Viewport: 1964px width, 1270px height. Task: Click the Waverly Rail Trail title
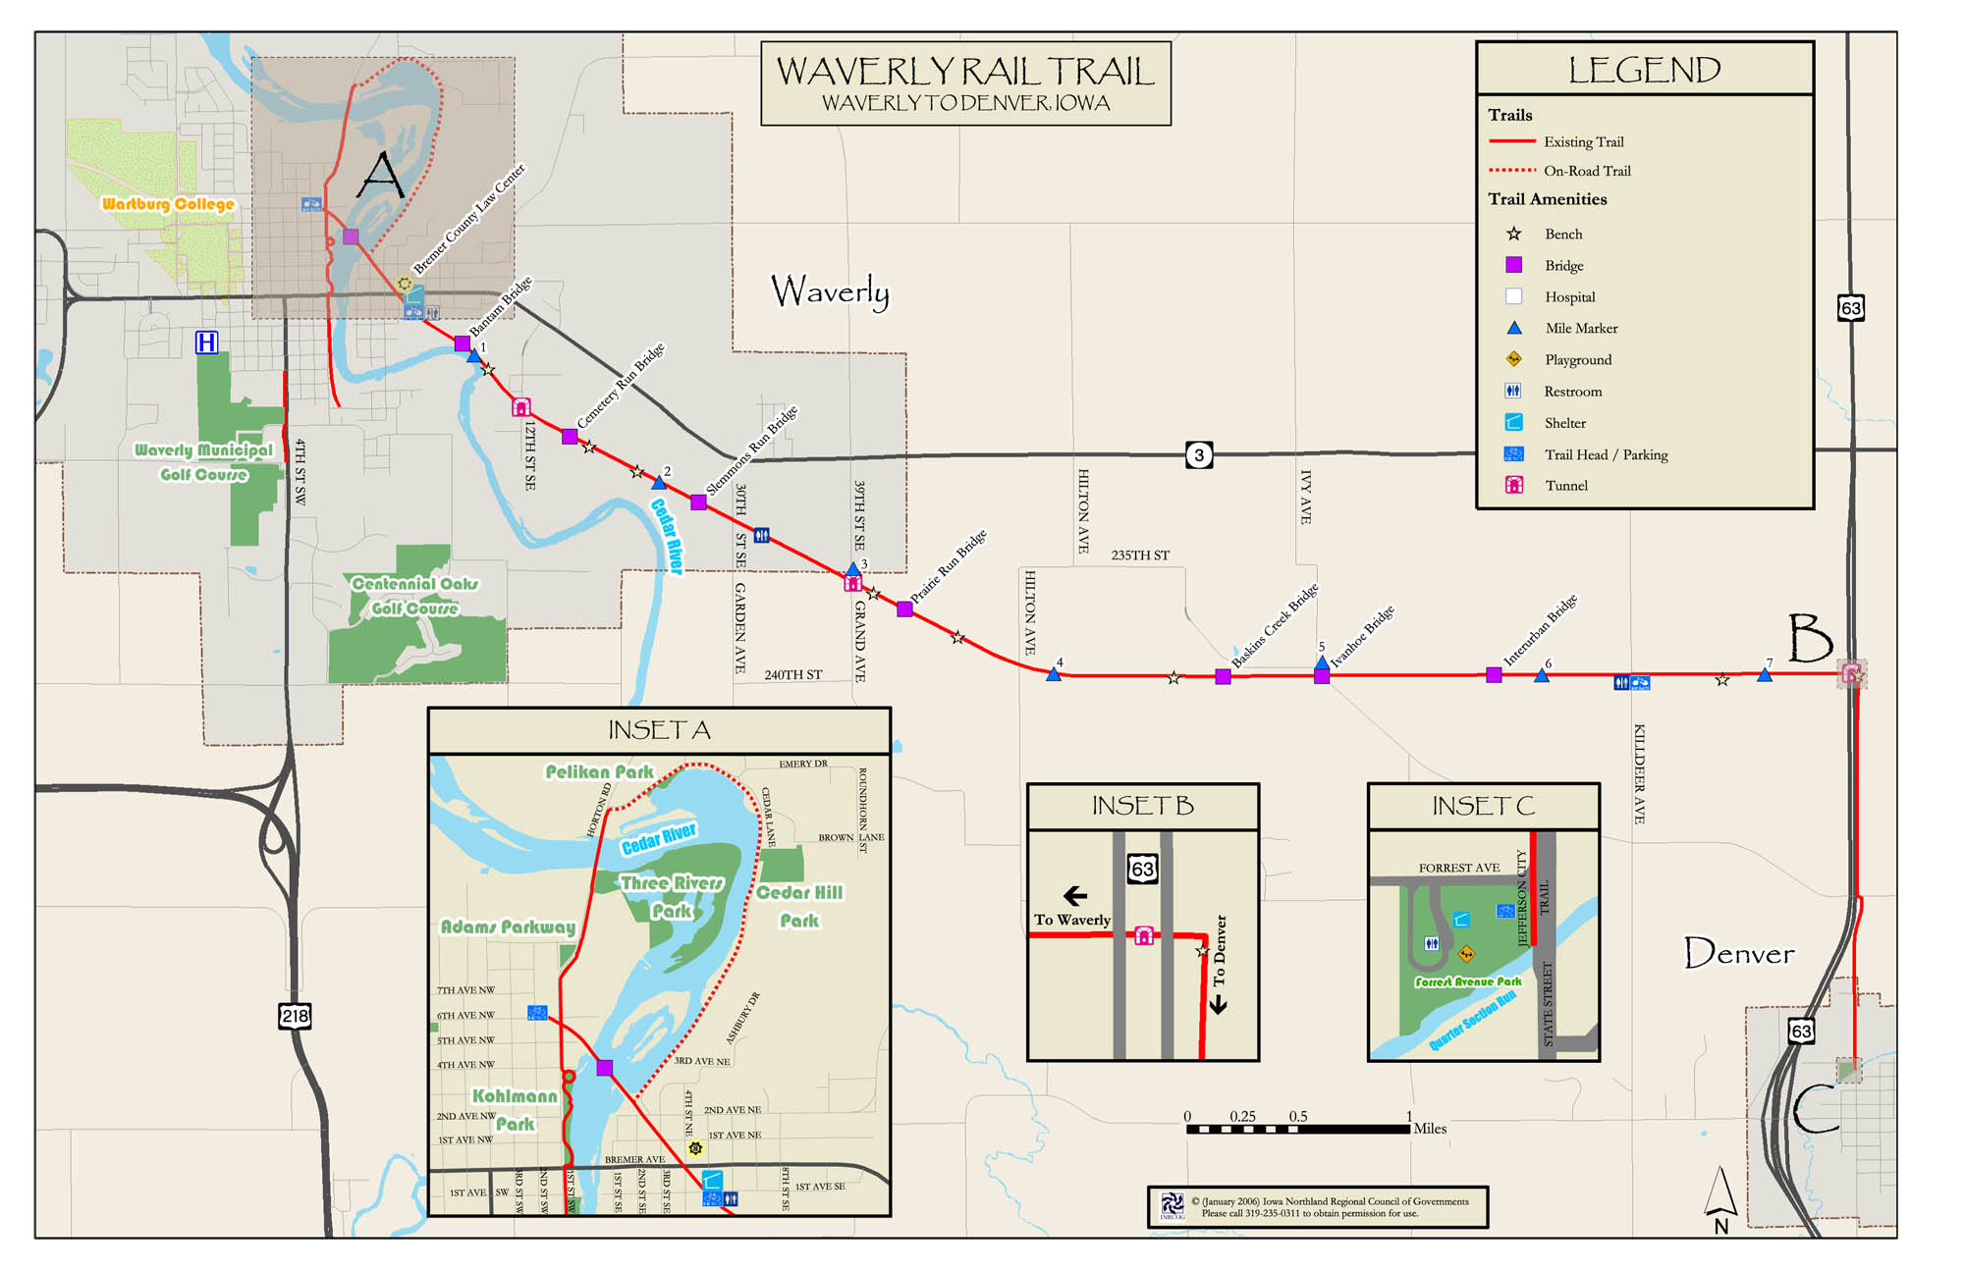click(965, 72)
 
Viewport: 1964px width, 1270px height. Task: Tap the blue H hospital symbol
click(206, 343)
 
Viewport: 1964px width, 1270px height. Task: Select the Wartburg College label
click(168, 204)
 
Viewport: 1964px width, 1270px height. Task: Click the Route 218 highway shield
click(295, 1016)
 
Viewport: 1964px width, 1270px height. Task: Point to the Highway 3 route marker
click(1198, 455)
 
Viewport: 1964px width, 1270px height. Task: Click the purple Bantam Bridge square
click(463, 344)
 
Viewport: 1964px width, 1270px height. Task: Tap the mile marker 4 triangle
click(1054, 674)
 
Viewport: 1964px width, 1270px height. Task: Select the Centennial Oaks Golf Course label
click(414, 596)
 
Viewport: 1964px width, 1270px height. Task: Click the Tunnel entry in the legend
click(1565, 485)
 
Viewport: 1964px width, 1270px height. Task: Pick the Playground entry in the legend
click(1577, 359)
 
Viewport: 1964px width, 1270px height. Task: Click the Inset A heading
click(659, 730)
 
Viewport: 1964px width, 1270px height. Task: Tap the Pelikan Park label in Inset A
click(599, 772)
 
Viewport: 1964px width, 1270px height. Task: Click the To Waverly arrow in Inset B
click(1075, 895)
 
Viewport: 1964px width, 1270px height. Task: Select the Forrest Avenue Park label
click(1467, 981)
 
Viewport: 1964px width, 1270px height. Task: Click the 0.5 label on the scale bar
click(1298, 1116)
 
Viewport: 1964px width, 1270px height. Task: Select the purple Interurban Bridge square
click(1494, 675)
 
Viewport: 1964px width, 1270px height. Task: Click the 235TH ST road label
click(1140, 556)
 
